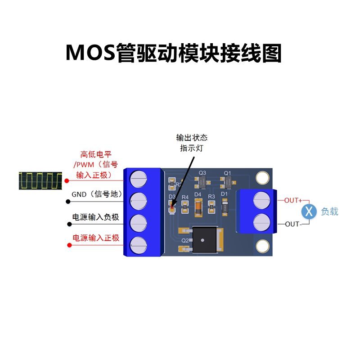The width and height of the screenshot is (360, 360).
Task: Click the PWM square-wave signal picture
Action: [x=41, y=180]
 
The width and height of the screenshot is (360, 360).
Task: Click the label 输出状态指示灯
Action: [x=191, y=143]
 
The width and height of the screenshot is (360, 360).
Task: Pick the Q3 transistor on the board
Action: [x=202, y=182]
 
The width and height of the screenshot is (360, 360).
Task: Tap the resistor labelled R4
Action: [x=184, y=207]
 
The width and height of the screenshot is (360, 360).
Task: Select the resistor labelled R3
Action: [x=212, y=207]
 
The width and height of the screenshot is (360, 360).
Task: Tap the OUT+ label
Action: [x=293, y=200]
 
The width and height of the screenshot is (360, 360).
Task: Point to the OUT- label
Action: [x=293, y=224]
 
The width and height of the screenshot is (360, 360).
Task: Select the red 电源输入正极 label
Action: [x=96, y=238]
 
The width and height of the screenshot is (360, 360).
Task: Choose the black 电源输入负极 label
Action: [x=96, y=217]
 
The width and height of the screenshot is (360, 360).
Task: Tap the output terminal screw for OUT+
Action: [x=261, y=201]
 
